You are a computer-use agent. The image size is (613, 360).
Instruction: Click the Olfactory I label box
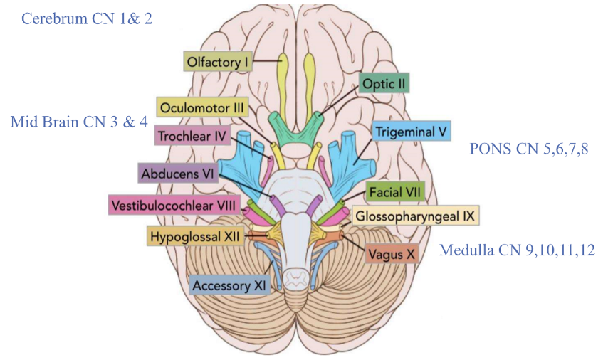pos(219,62)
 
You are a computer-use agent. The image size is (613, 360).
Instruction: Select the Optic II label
pos(384,84)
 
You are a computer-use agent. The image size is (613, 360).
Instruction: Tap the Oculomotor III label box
pos(202,109)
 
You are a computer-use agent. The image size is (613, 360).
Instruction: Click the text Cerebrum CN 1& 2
pos(87,18)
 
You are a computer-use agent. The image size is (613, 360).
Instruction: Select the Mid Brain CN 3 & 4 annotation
pos(79,122)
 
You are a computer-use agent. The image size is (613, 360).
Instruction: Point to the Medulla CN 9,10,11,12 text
pos(518,250)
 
